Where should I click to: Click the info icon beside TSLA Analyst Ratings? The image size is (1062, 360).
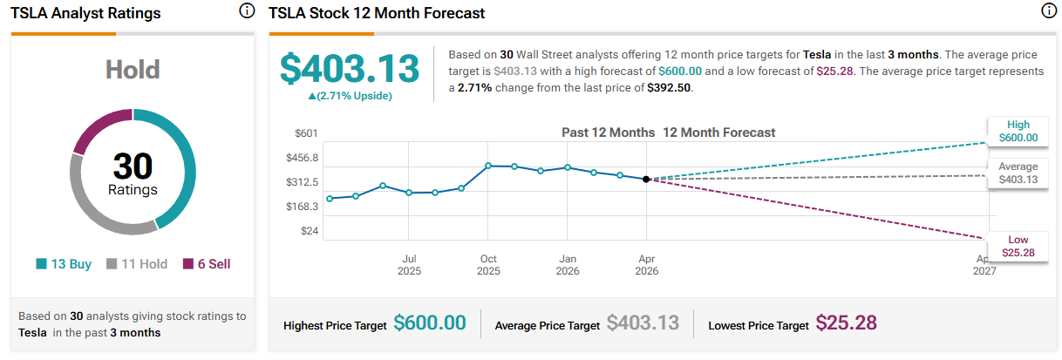tap(247, 11)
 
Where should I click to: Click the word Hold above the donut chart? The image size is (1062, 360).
tap(132, 69)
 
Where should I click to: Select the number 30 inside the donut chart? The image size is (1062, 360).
tap(133, 166)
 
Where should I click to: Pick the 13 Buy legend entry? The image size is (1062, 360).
tap(64, 264)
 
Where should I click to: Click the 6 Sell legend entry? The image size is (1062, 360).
tap(207, 264)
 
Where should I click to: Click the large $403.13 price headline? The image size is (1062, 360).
tap(349, 69)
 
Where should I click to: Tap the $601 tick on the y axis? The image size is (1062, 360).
tap(306, 132)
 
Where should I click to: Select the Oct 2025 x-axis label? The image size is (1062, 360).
tap(488, 265)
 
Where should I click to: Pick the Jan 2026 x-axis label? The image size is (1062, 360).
tap(568, 265)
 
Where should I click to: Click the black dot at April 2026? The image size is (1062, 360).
tap(646, 179)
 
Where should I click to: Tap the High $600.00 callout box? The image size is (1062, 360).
tap(1018, 131)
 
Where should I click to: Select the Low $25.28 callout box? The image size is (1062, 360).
tap(1018, 246)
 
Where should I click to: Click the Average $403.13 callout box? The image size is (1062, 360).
tap(1018, 173)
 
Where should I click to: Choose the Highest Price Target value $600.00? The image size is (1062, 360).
tap(430, 323)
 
